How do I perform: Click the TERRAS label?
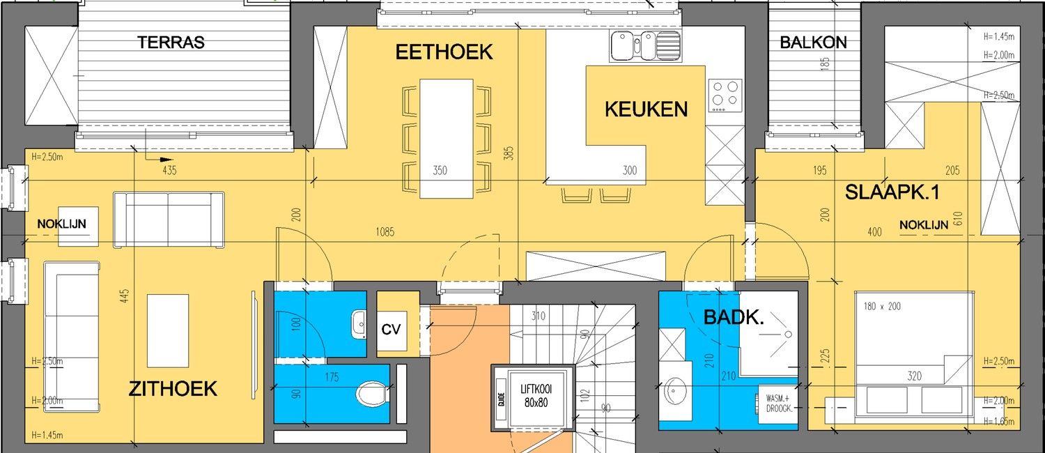pos(171,43)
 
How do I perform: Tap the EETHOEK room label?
pos(444,52)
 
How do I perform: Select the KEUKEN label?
pos(646,109)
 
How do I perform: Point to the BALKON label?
pos(813,43)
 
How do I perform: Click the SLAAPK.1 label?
pos(892,193)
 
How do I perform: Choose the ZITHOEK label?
pos(173,389)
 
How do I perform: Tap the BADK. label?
pos(734,318)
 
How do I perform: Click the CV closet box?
pos(392,328)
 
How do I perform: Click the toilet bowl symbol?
pos(371,394)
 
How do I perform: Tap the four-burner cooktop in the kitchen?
pos(725,95)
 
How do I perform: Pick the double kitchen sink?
pos(644,47)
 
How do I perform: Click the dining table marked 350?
pos(447,137)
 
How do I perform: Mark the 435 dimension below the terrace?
pos(169,169)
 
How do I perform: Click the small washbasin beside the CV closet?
pos(359,324)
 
